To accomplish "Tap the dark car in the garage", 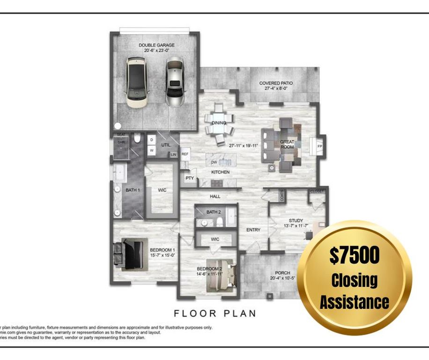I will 136,82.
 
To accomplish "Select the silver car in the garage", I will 174,82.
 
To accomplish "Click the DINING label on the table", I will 219,123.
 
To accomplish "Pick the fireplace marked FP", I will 320,146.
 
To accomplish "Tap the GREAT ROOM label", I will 287,144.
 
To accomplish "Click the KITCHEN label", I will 220,172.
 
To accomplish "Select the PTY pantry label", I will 190,178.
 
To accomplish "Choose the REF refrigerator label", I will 185,154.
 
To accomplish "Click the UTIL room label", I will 166,145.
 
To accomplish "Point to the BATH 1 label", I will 133,190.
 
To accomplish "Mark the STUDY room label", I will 296,221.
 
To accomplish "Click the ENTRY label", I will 253,230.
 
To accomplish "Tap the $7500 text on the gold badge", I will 354,255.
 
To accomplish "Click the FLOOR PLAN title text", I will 215,313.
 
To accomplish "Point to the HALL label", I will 215,196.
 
